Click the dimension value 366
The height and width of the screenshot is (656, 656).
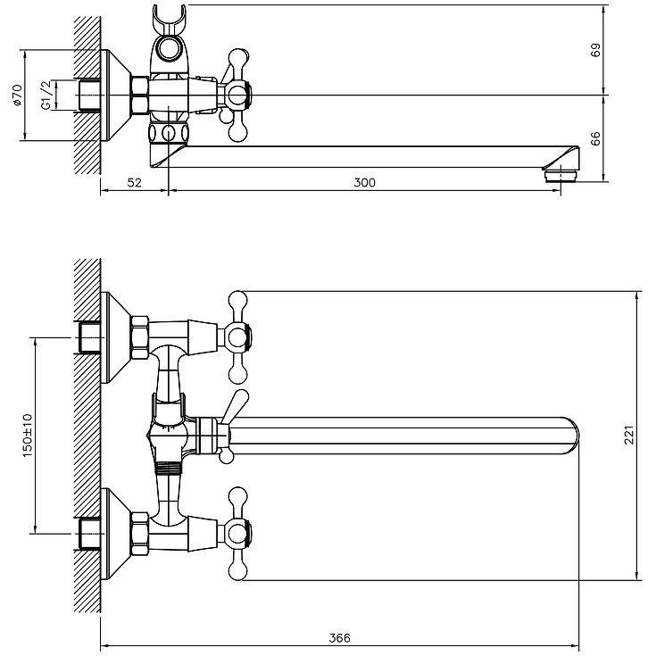[339, 637]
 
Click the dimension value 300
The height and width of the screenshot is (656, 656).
[364, 182]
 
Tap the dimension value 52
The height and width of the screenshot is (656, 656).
[134, 182]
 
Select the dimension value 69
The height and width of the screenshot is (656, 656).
[596, 50]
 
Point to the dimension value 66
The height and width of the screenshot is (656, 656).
[596, 138]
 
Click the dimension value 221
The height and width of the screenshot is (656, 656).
[629, 436]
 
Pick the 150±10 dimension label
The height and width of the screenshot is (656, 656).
[27, 436]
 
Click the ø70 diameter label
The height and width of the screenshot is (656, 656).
[17, 95]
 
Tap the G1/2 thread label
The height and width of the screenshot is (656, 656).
[46, 95]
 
